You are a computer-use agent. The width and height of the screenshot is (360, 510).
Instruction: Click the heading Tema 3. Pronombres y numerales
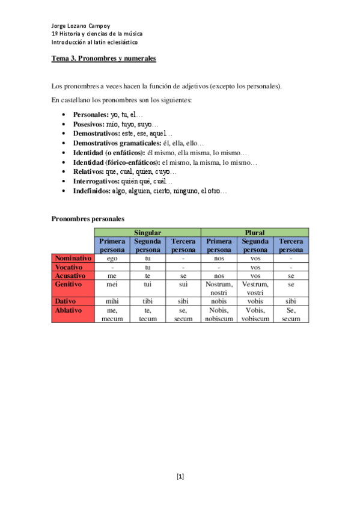pyautogui.click(x=103, y=58)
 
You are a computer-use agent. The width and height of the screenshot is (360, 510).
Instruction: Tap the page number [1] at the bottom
pyautogui.click(x=180, y=477)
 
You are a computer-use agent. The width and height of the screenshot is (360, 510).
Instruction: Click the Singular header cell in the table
pyautogui.click(x=147, y=232)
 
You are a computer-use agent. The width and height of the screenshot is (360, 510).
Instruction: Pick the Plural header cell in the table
pyautogui.click(x=255, y=232)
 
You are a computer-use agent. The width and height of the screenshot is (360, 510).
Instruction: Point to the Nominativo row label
pyautogui.click(x=73, y=258)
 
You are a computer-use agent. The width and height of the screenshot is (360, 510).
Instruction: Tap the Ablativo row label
pyautogui.click(x=68, y=310)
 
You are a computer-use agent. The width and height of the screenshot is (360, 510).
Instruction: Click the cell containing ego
pyautogui.click(x=112, y=258)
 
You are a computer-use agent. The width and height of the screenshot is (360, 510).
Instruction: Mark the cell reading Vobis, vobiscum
pyautogui.click(x=255, y=315)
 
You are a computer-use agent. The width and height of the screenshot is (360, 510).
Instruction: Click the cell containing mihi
pyautogui.click(x=112, y=301)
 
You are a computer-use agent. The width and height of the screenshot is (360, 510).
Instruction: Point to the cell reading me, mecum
pyautogui.click(x=112, y=315)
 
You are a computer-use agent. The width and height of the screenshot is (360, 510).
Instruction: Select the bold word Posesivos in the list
pyautogui.click(x=88, y=123)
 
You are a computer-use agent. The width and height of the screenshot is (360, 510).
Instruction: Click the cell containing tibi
pyautogui.click(x=147, y=301)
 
